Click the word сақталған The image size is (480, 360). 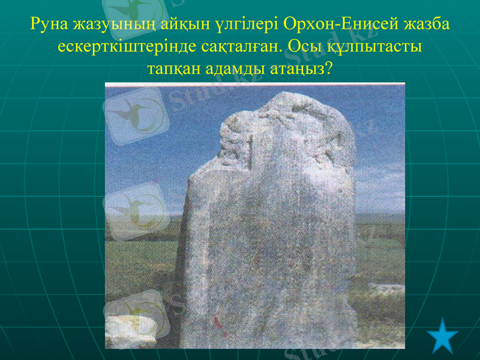(x=236, y=47)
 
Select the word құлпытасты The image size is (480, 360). (x=372, y=47)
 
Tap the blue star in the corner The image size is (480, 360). (x=445, y=336)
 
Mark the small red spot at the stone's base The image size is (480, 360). (x=223, y=329)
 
